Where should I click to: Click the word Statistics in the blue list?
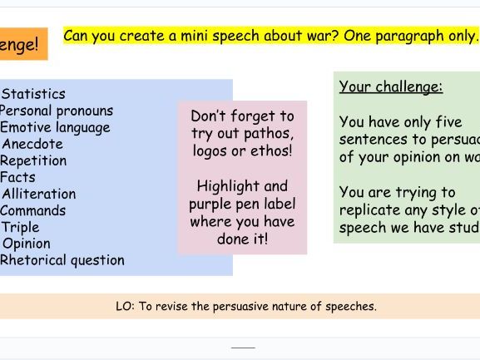coord(33,94)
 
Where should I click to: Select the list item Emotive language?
coord(55,127)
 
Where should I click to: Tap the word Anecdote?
coord(32,144)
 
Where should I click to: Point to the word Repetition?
coord(33,160)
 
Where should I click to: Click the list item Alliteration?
coord(38,194)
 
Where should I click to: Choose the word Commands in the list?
coord(33,210)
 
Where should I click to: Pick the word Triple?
coord(20,227)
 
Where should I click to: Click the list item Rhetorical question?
coord(62,260)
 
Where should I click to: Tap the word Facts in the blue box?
coord(18,177)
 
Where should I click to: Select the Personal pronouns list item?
coord(56,111)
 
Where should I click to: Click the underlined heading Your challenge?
coord(391,86)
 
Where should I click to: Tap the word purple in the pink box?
coord(212,204)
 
